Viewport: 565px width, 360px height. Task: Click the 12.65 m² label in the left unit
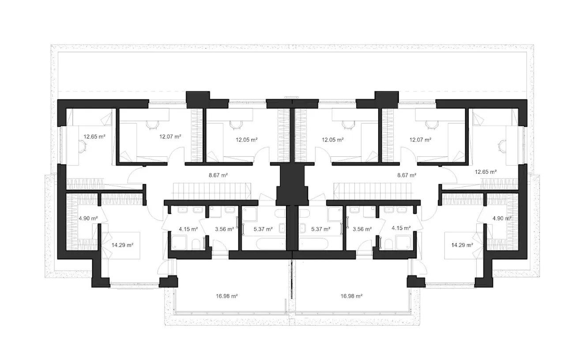(94, 136)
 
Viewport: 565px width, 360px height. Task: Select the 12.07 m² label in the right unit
(420, 140)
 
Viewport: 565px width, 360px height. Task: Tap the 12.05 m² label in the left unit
(246, 140)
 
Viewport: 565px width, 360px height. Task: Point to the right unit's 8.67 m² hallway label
(407, 175)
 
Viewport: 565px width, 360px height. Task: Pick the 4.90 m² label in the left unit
(88, 218)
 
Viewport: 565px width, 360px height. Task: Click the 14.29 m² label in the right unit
(462, 245)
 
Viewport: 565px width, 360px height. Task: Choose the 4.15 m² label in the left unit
(188, 229)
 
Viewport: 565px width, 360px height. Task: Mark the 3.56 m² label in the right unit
(362, 229)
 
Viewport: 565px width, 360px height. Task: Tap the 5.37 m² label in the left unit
(263, 229)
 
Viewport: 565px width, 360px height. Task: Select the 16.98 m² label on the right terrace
(351, 296)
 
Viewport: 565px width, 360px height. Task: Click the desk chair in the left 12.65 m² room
(83, 146)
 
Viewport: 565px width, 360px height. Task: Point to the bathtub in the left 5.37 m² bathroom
(271, 244)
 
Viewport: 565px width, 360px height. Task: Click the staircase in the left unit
(212, 191)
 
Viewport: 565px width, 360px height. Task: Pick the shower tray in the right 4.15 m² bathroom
(403, 243)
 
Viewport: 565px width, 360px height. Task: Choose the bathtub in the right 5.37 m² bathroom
(313, 244)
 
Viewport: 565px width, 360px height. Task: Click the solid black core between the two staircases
(292, 184)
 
